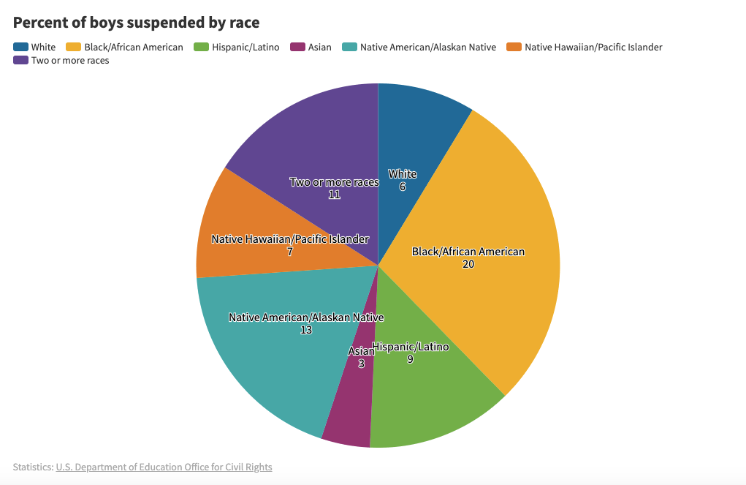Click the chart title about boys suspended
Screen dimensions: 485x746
tap(136, 23)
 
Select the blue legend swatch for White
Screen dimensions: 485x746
tap(20, 47)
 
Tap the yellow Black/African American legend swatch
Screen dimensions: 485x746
tap(74, 47)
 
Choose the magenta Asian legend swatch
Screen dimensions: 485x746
tap(297, 47)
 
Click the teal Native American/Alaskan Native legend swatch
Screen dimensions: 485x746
tap(350, 47)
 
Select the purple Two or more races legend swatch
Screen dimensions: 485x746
tap(20, 60)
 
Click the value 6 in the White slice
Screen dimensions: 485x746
tap(403, 187)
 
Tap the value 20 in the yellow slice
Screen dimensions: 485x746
tap(468, 264)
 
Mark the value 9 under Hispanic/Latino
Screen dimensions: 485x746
tap(410, 359)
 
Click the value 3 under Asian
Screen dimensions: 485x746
tap(361, 364)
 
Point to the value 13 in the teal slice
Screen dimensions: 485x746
tap(306, 330)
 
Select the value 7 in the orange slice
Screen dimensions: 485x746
tap(290, 252)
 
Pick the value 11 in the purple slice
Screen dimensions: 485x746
tap(334, 195)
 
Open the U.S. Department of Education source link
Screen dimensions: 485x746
tap(164, 467)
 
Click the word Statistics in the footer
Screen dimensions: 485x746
tap(32, 467)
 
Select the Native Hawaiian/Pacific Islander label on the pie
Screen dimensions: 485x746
tap(290, 239)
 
